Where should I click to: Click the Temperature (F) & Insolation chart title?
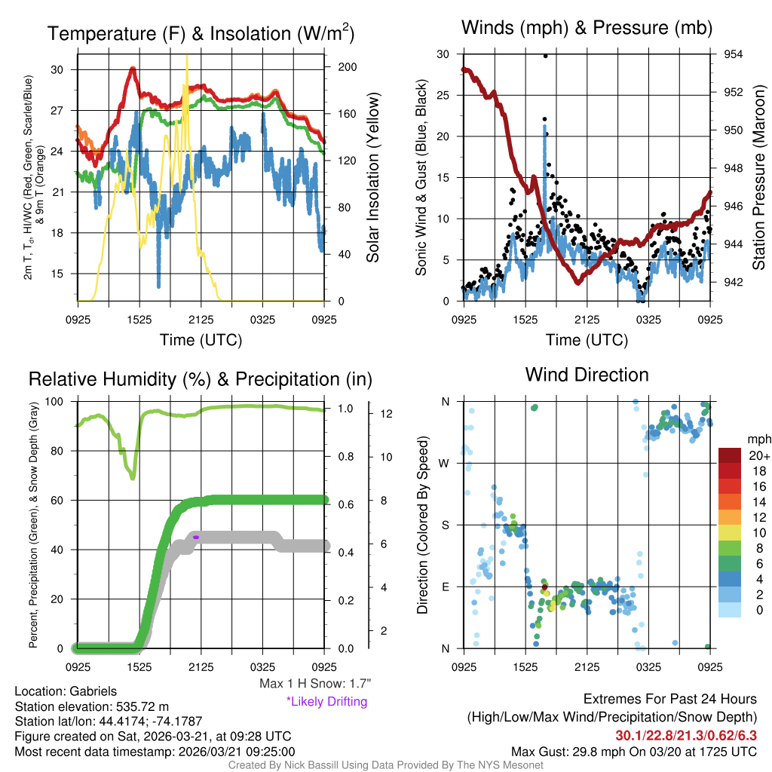(201, 33)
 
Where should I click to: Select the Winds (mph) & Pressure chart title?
(587, 28)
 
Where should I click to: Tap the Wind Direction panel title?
(587, 375)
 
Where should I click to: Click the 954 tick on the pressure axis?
(734, 54)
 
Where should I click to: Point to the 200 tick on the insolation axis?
(348, 66)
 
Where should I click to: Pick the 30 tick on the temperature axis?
(57, 69)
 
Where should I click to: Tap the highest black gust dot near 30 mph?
(545, 56)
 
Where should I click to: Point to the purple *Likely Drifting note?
(326, 701)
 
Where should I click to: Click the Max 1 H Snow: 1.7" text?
(314, 683)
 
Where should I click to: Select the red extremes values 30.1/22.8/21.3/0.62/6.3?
(686, 735)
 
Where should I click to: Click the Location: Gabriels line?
(66, 691)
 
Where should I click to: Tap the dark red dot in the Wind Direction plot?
(544, 587)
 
